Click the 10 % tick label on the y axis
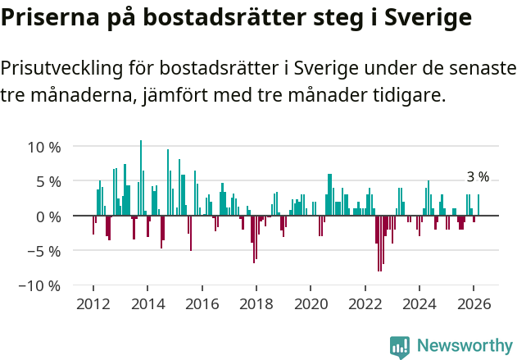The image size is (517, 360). pos(44,148)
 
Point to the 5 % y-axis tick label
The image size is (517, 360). pos(48,182)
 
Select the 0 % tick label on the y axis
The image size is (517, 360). pos(48,216)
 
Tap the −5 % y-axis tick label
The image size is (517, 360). pos(44,251)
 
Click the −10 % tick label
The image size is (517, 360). pos(40,285)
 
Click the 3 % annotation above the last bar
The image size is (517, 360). pos(478,177)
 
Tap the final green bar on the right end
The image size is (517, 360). pos(478,205)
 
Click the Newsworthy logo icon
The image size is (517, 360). pos(400,347)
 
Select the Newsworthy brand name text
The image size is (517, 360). pos(465,347)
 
